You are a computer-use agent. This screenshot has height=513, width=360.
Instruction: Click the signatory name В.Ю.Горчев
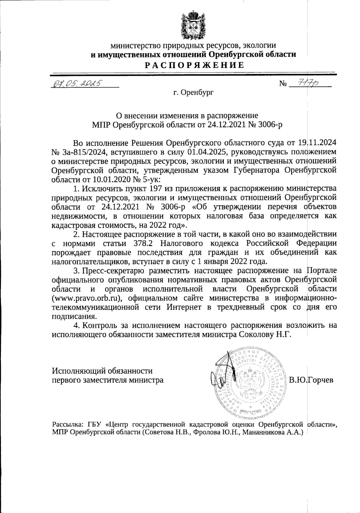(311, 380)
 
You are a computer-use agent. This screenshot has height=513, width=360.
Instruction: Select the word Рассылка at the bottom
(68, 424)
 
